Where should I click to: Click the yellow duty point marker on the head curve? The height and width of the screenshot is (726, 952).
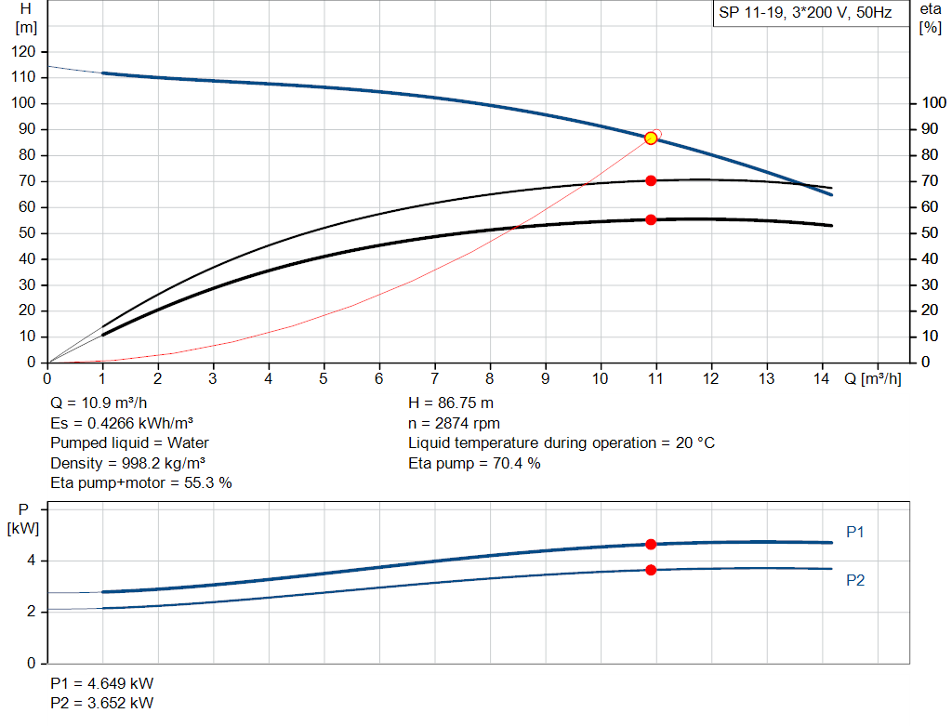pyautogui.click(x=651, y=139)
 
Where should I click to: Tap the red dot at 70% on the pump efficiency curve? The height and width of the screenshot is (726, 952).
pyautogui.click(x=651, y=181)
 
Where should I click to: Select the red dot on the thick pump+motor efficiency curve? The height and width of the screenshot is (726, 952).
pyautogui.click(x=651, y=219)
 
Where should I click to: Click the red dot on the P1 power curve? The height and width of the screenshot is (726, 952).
pyautogui.click(x=651, y=545)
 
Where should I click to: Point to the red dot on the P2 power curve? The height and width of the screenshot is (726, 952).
pyautogui.click(x=651, y=570)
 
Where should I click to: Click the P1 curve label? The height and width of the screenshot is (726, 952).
pyautogui.click(x=855, y=533)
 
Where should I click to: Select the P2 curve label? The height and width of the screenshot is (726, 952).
pyautogui.click(x=855, y=581)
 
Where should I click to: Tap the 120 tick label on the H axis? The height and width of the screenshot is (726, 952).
pyautogui.click(x=23, y=52)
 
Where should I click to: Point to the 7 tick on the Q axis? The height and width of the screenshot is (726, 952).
pyautogui.click(x=434, y=378)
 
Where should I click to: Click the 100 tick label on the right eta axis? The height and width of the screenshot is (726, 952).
pyautogui.click(x=933, y=102)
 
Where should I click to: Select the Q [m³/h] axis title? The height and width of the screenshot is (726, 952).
pyautogui.click(x=872, y=378)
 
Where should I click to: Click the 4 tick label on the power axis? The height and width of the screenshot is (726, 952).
pyautogui.click(x=31, y=561)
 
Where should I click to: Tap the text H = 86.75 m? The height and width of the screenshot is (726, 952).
pyautogui.click(x=451, y=403)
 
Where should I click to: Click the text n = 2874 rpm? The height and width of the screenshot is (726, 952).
pyautogui.click(x=454, y=424)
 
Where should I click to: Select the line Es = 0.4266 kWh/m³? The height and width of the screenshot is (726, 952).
pyautogui.click(x=122, y=423)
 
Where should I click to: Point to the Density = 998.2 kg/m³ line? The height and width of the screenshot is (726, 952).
pyautogui.click(x=127, y=463)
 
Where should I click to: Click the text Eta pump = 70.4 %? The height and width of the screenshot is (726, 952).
pyautogui.click(x=474, y=463)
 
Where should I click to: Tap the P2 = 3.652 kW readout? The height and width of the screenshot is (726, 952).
pyautogui.click(x=102, y=703)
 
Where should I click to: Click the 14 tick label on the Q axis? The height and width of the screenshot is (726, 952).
pyautogui.click(x=821, y=378)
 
